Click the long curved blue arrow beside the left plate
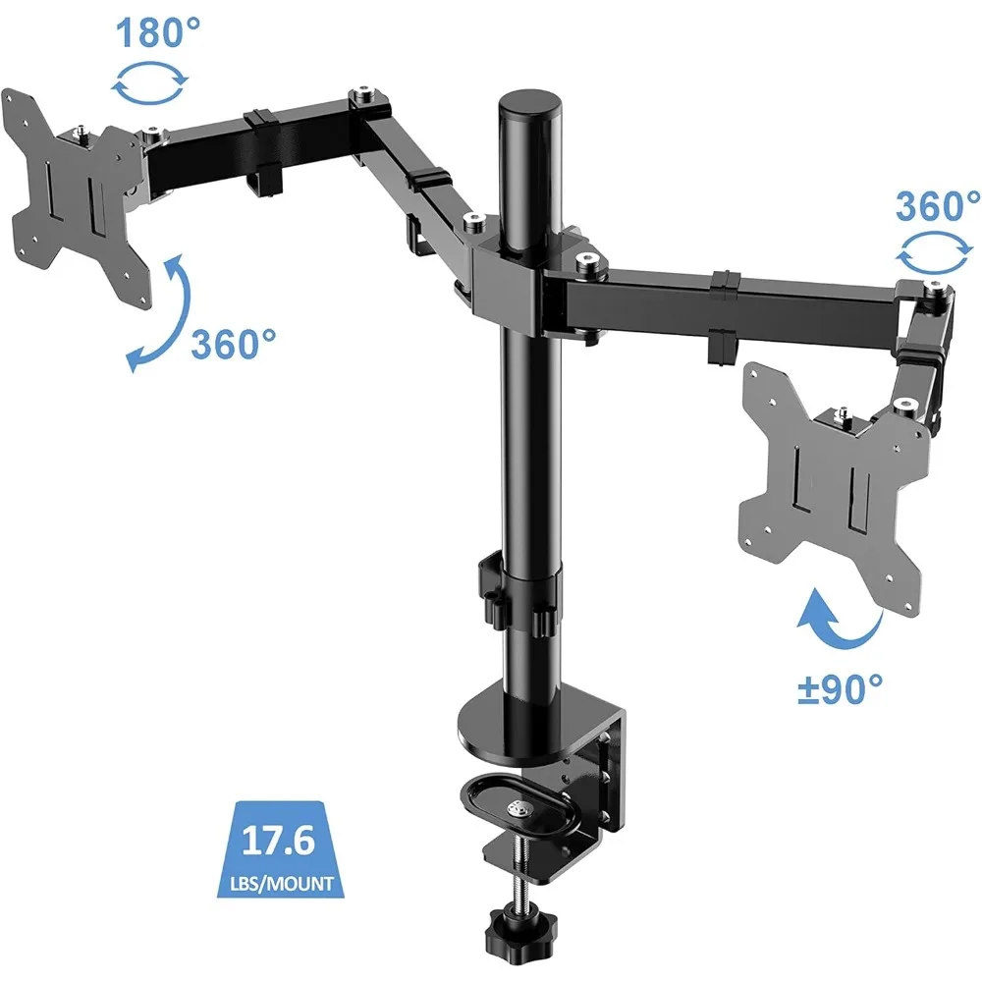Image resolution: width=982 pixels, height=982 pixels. pos(157,314)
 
